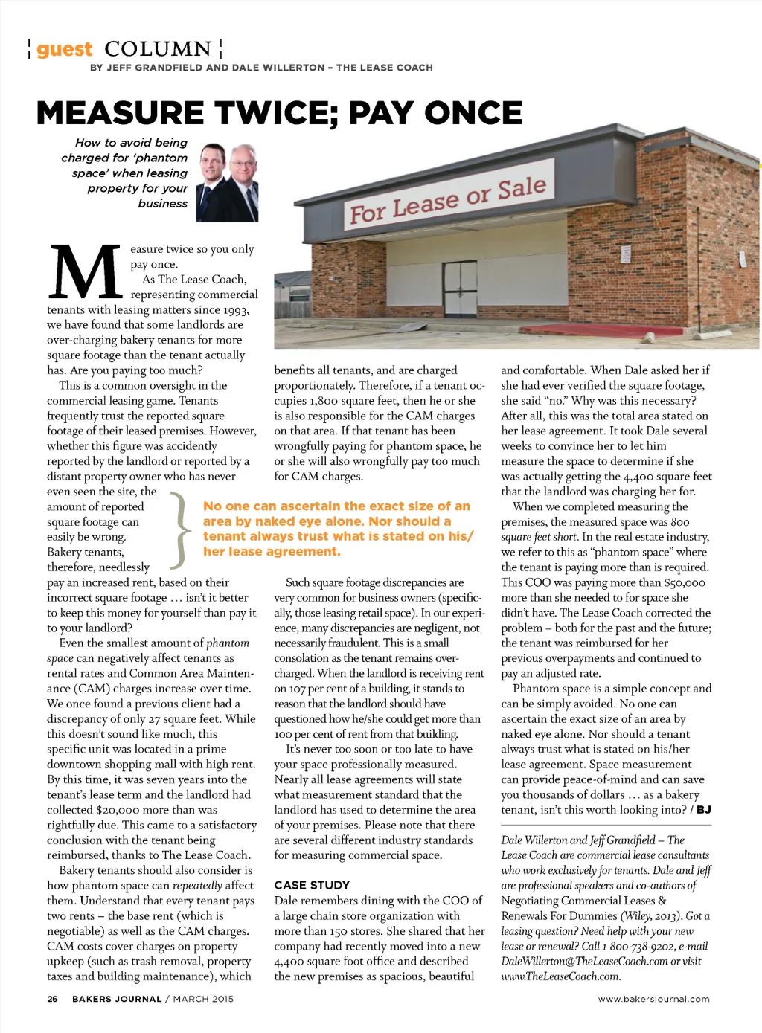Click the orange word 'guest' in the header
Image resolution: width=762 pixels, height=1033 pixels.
[x=65, y=50]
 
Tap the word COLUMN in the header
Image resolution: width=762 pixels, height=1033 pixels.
[x=159, y=50]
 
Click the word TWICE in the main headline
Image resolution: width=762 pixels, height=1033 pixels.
[x=272, y=113]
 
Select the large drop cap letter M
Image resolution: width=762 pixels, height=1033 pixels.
[x=85, y=272]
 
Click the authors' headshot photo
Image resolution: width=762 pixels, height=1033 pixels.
[x=227, y=182]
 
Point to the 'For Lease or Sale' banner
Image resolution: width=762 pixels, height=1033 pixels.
[x=448, y=200]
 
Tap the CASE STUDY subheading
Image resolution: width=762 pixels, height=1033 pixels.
[x=312, y=885]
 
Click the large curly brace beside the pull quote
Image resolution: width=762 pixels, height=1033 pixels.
[x=179, y=529]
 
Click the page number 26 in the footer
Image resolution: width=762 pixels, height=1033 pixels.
[x=52, y=999]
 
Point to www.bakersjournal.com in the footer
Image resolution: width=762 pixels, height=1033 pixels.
[x=653, y=999]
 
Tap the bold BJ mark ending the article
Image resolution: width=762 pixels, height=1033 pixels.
[x=703, y=810]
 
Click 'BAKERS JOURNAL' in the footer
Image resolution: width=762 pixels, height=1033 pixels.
[x=117, y=999]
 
